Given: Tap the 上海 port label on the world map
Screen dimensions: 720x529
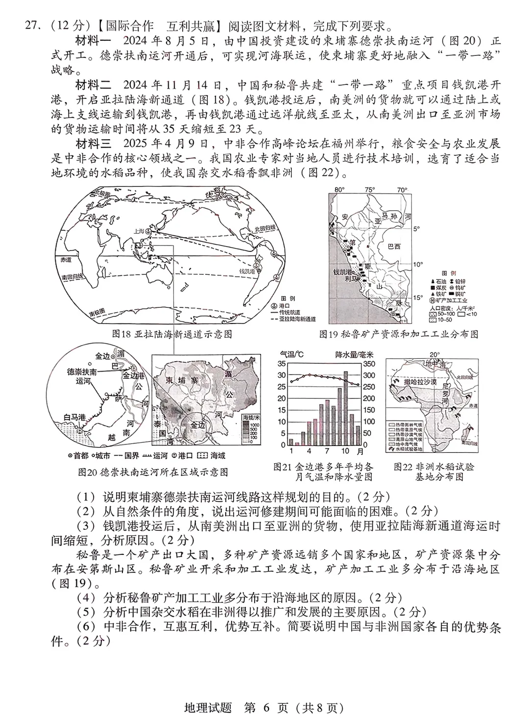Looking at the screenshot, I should click(x=139, y=229).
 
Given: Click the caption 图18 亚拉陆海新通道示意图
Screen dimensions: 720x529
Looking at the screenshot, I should click(x=172, y=334).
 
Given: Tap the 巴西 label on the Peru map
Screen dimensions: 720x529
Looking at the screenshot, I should click(x=393, y=246).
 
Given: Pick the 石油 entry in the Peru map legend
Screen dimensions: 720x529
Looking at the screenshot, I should click(x=439, y=280).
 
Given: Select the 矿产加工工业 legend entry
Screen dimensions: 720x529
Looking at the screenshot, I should click(x=451, y=300).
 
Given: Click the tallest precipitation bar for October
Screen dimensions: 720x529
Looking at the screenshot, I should click(x=345, y=408).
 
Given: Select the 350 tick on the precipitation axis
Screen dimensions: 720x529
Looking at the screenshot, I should click(x=369, y=364).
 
